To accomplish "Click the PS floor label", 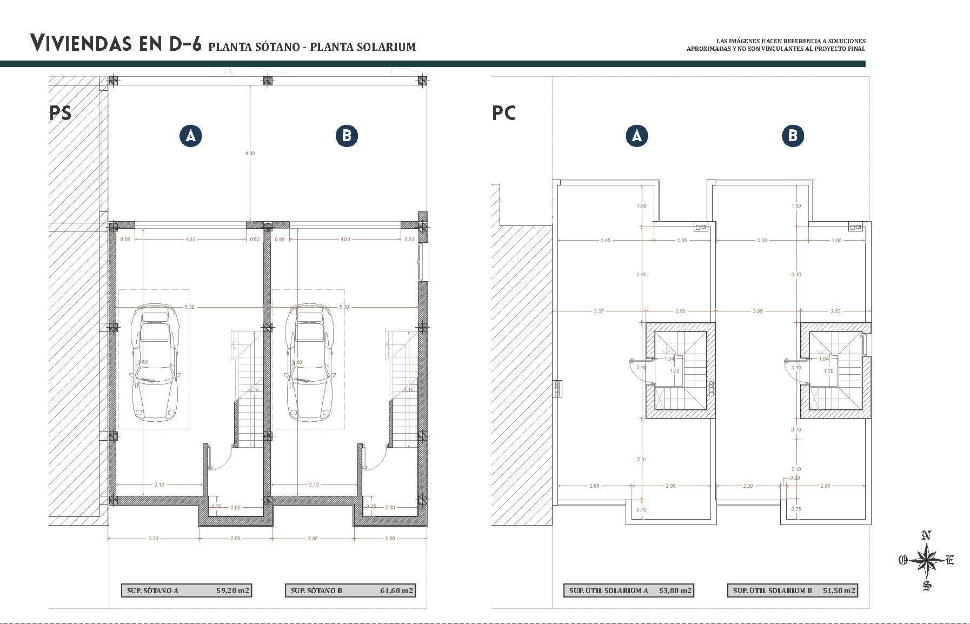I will pos(60,113).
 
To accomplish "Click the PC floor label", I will pos(503,113).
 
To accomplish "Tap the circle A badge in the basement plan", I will pos(191,136).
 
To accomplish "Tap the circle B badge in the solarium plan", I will pos(793,136).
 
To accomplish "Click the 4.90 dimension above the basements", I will pos(250,154).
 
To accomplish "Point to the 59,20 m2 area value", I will pos(232,590).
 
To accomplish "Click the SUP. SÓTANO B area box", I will pos(350,590).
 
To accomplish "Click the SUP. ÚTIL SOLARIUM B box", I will pos(793,590).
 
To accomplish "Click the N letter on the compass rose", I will pos(926,536).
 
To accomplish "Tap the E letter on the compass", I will pos(949,560).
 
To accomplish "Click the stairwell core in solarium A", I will pos(680,371).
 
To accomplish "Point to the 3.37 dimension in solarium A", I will pos(598,311).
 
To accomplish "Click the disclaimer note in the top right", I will pos(775,45).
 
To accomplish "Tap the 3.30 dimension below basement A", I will pos(153,539).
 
